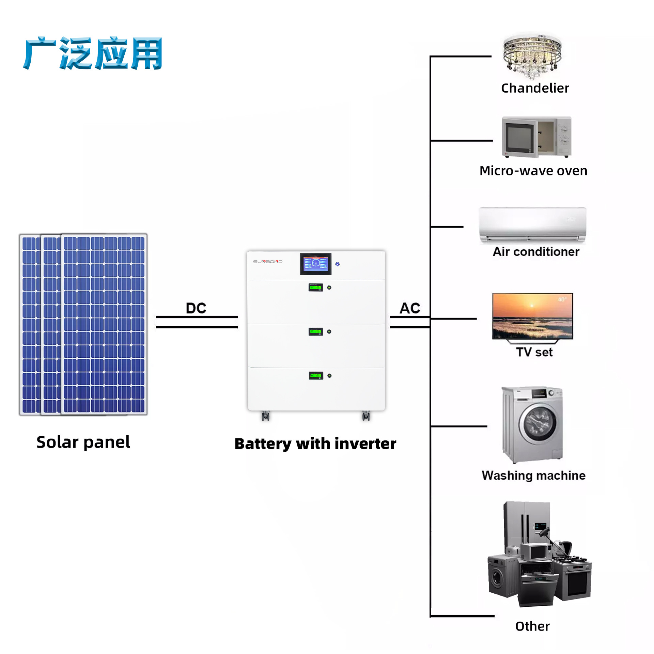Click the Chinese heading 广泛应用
[x=93, y=53]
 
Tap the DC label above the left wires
[x=196, y=308]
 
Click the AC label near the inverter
[x=410, y=308]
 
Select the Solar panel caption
[x=83, y=442]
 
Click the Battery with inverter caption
[x=315, y=443]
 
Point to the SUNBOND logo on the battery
[x=267, y=262]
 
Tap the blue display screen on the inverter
[x=315, y=264]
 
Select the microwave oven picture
[x=536, y=137]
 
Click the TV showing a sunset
[x=532, y=316]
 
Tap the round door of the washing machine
[x=537, y=423]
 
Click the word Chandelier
[x=535, y=88]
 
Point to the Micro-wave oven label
[x=533, y=171]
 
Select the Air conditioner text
[x=536, y=252]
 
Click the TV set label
[x=534, y=352]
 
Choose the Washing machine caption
[x=533, y=475]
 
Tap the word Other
[x=532, y=626]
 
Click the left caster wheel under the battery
[x=265, y=416]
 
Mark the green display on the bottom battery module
[x=315, y=375]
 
